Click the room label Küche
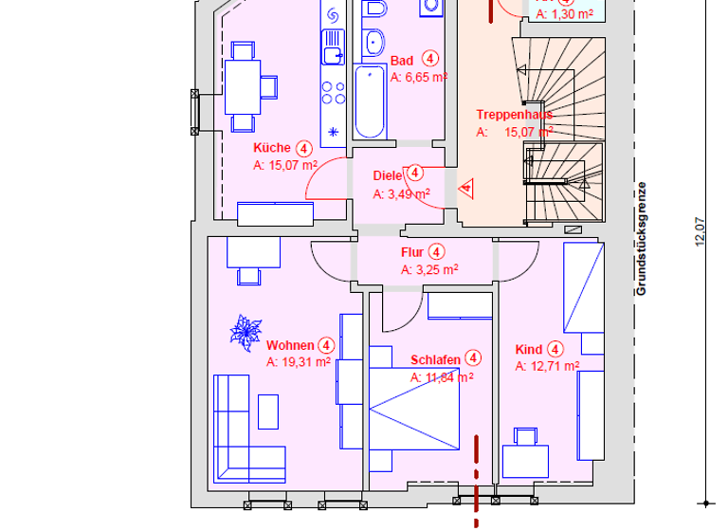tap(271, 148)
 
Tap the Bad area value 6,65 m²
tap(419, 78)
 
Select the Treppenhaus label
tap(514, 115)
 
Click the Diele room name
tap(388, 175)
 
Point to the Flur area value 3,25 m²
tap(429, 269)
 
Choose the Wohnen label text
tap(290, 345)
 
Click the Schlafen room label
tap(436, 360)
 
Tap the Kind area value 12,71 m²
tap(547, 365)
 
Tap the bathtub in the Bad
tap(369, 101)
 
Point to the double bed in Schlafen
tap(413, 408)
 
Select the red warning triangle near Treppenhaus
tap(466, 189)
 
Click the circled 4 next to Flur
tap(436, 252)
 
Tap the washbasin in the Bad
tap(373, 43)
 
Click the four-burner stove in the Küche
tap(334, 92)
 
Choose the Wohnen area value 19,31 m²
tap(298, 361)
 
